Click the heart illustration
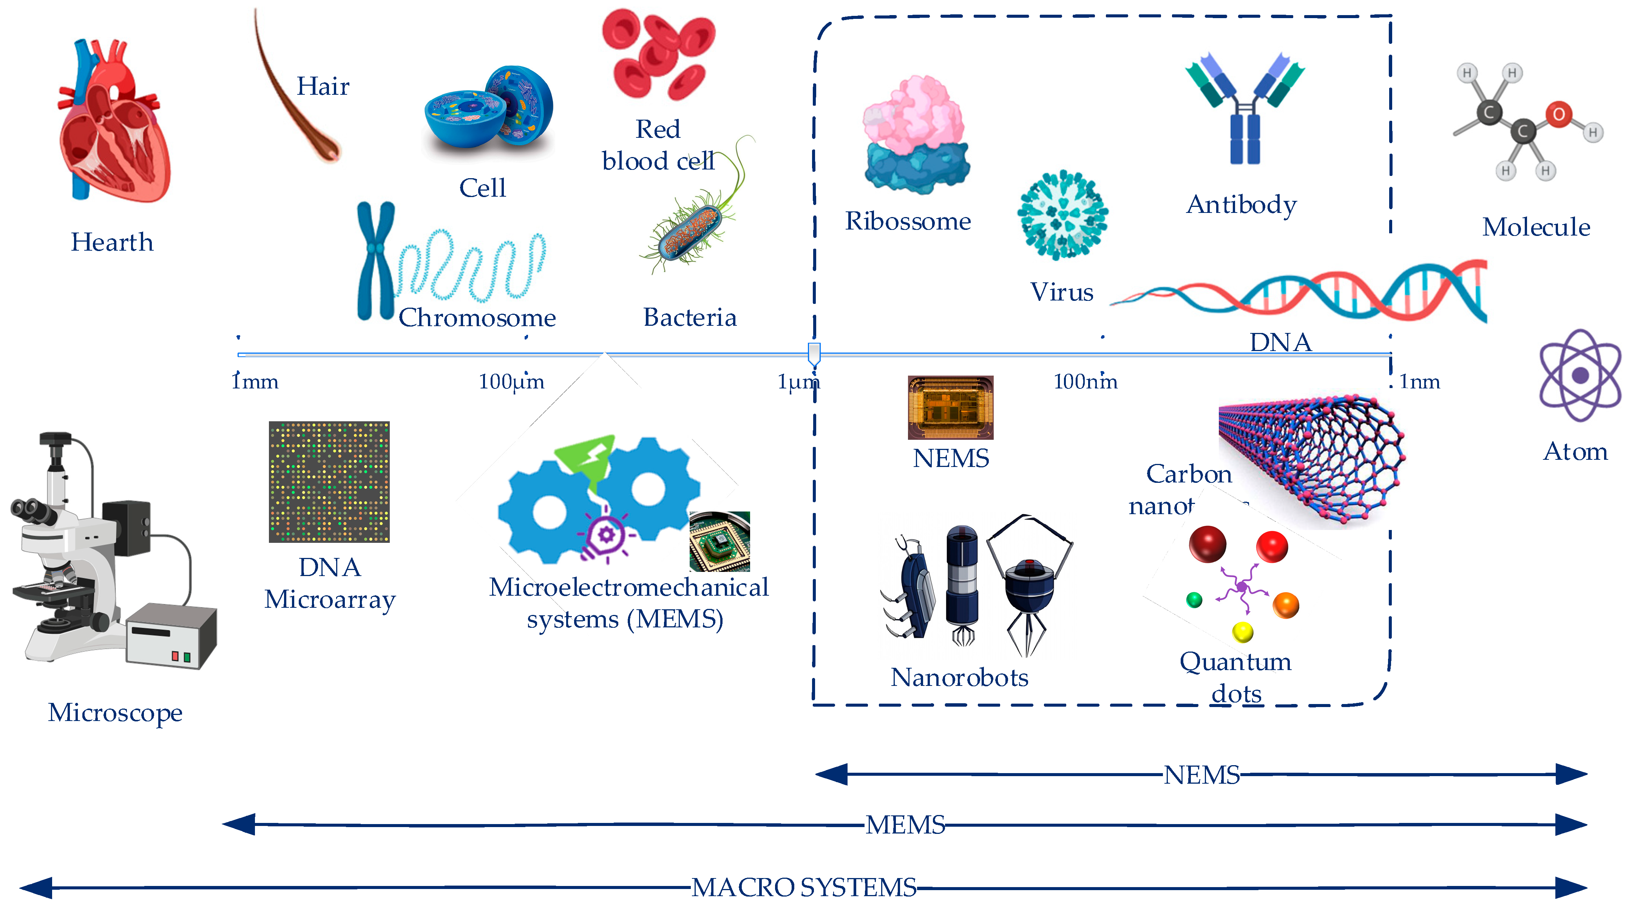pyautogui.click(x=114, y=123)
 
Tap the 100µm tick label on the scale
pyautogui.click(x=511, y=382)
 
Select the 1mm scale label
pyautogui.click(x=255, y=382)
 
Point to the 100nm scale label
pyautogui.click(x=1085, y=382)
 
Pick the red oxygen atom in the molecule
pyautogui.click(x=1559, y=114)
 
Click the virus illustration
pyautogui.click(x=1062, y=215)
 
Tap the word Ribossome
pyautogui.click(x=908, y=221)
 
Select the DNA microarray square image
pyautogui.click(x=329, y=482)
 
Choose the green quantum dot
pyautogui.click(x=1194, y=599)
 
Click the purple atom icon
pyautogui.click(x=1580, y=376)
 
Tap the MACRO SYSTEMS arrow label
pyautogui.click(x=804, y=887)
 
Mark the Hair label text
pyautogui.click(x=323, y=86)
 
